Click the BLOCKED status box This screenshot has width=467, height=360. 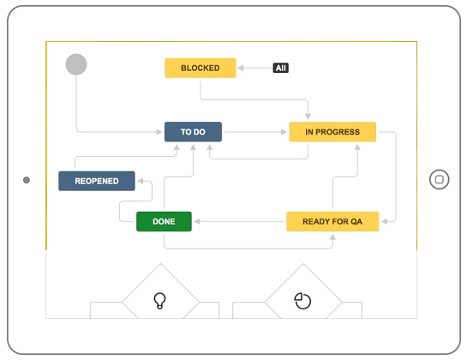201,68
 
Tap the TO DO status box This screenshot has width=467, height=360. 193,132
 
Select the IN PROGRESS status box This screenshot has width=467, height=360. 332,132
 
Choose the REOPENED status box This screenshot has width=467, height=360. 97,181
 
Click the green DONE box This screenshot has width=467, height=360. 164,221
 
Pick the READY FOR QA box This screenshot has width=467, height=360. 332,221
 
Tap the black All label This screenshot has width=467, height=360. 281,68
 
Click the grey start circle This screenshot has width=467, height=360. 76,64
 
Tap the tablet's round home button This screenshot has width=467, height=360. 440,179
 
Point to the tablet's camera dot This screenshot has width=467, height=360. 27,180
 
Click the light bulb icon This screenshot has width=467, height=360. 159,301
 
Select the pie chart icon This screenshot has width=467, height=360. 302,301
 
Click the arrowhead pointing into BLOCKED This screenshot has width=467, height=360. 241,68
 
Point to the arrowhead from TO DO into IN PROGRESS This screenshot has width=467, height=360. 284,132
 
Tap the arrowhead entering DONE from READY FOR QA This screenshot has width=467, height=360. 197,221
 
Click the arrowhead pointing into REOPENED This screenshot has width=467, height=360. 141,181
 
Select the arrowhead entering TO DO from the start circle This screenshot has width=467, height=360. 159,132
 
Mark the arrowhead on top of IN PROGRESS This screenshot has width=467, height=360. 308,117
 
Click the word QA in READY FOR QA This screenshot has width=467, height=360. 356,222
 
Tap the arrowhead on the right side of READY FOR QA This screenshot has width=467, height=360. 385,221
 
